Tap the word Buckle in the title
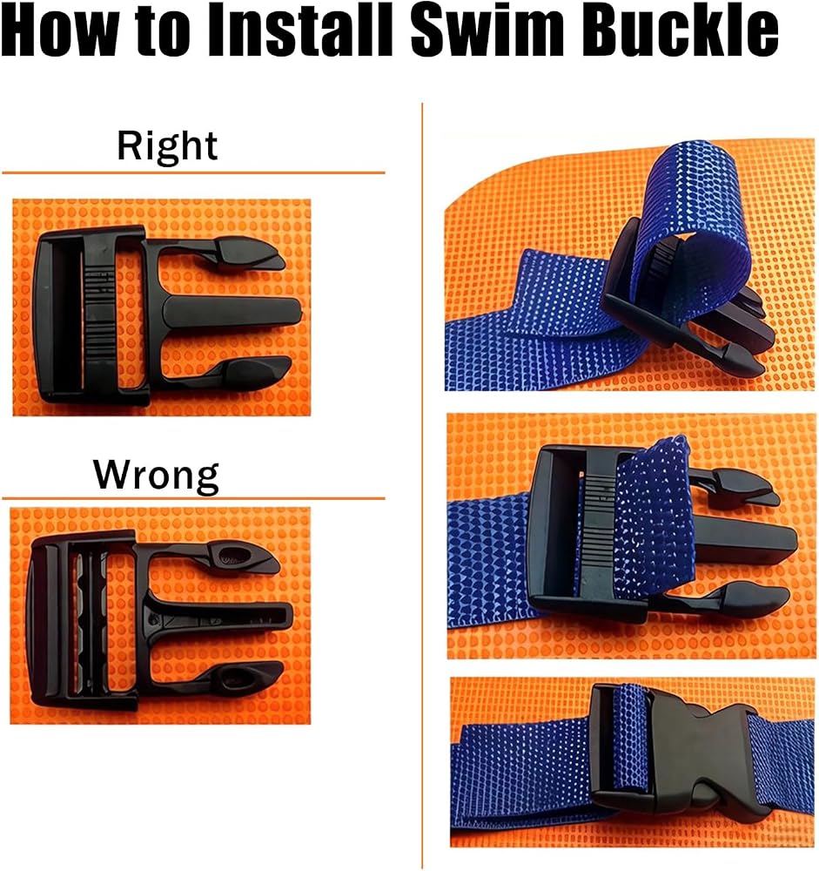click(681, 30)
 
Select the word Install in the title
click(301, 30)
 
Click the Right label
click(167, 146)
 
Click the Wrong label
click(156, 476)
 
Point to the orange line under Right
click(193, 172)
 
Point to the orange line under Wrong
click(193, 498)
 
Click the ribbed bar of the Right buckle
click(99, 314)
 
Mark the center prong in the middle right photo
click(744, 537)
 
